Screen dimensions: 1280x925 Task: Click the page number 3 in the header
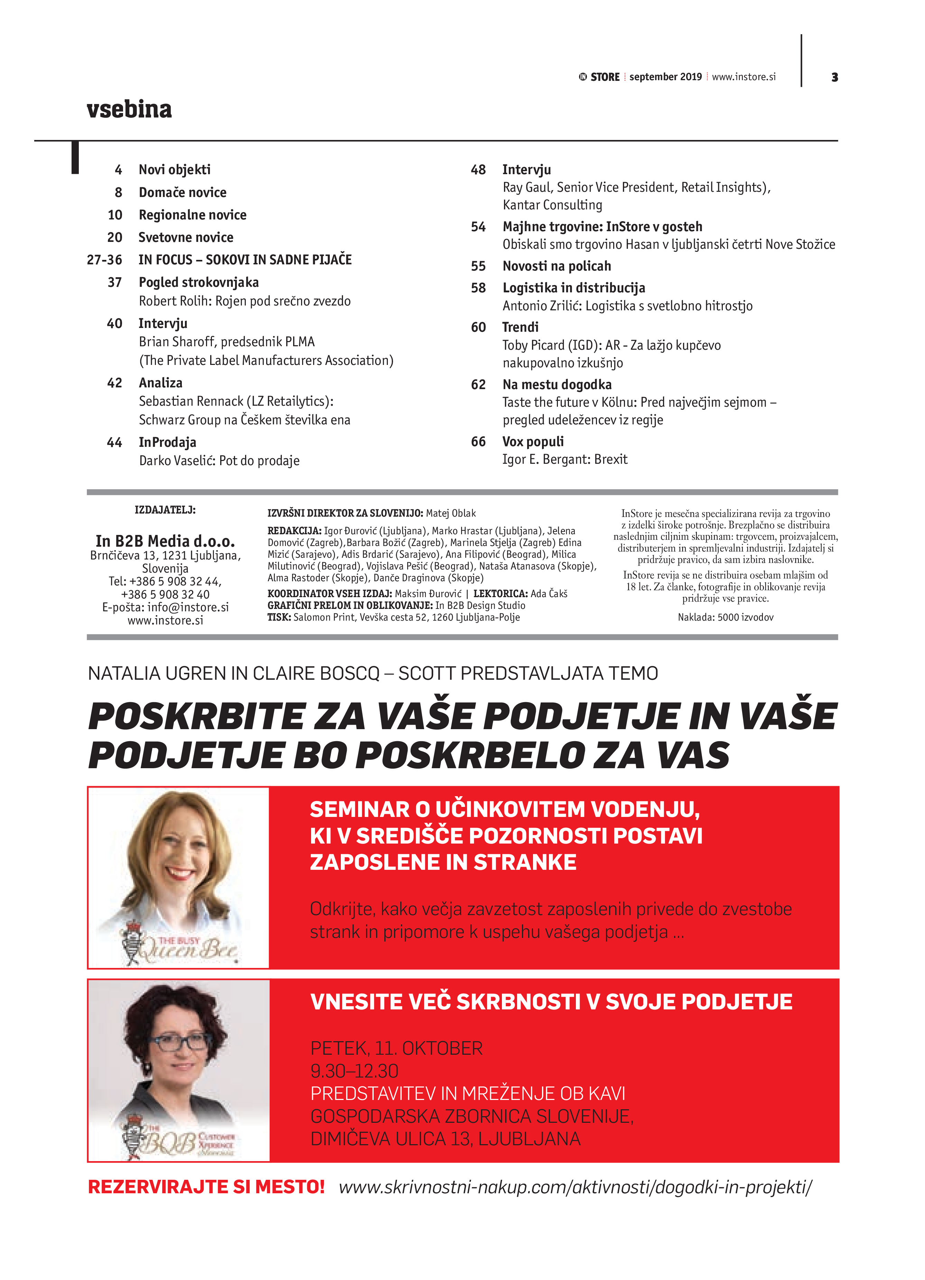(834, 77)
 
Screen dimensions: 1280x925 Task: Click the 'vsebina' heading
(129, 109)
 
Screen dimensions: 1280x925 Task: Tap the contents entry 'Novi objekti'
(175, 170)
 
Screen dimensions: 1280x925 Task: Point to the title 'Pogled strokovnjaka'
(199, 282)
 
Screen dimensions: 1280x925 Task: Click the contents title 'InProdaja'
(168, 442)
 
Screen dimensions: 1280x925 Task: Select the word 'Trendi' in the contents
(520, 327)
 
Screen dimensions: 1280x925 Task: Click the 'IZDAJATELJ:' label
(165, 510)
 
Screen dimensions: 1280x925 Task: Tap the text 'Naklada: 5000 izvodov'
(725, 618)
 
